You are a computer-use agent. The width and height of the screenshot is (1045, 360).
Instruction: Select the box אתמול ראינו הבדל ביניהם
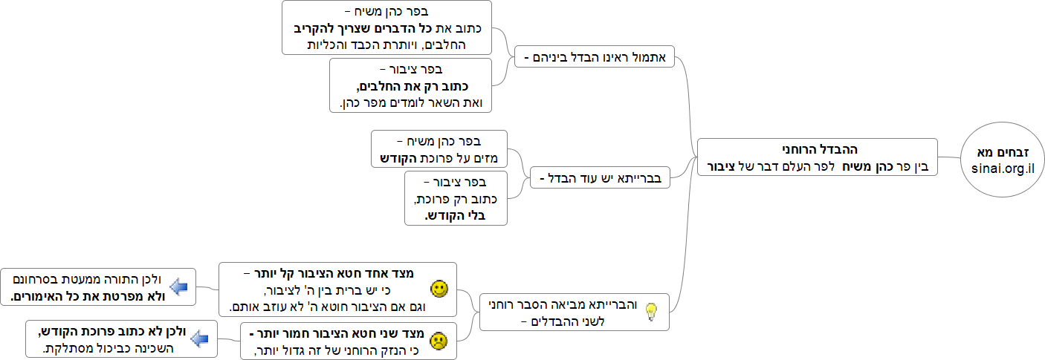click(595, 56)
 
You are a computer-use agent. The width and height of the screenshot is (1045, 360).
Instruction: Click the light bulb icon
click(651, 312)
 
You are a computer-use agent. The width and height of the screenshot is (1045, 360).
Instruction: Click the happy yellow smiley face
click(439, 289)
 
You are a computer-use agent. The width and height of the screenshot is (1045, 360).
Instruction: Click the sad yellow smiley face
click(439, 341)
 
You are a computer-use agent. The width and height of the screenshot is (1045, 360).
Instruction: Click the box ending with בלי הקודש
click(456, 197)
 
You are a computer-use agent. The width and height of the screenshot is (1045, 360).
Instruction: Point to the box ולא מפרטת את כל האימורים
click(97, 287)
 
